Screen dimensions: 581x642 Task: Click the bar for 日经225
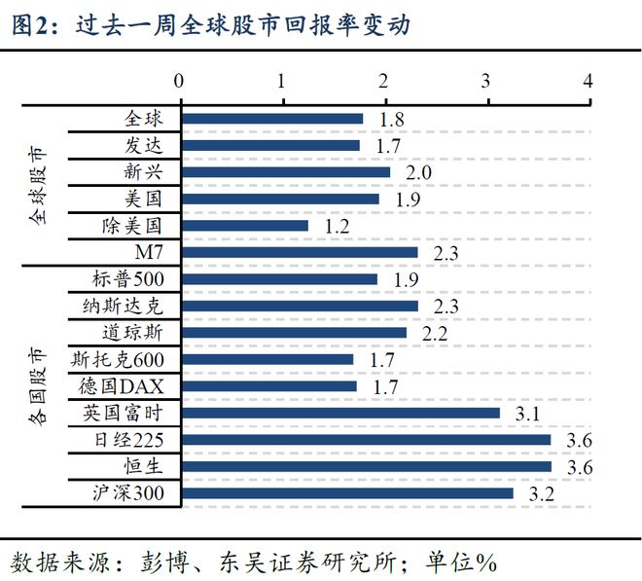pyautogui.click(x=365, y=440)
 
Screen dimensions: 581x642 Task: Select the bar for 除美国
pyautogui.click(x=244, y=226)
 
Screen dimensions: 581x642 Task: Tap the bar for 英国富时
pyautogui.click(x=339, y=413)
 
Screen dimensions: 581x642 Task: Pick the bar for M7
pyautogui.click(x=299, y=252)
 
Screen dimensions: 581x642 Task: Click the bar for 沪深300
pyautogui.click(x=346, y=493)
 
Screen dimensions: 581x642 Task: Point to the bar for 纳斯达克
pyautogui.click(x=299, y=306)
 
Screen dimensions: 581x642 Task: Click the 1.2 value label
pyautogui.click(x=337, y=227)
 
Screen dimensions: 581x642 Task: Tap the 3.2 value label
pyautogui.click(x=541, y=494)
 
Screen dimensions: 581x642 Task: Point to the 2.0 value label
pyautogui.click(x=418, y=173)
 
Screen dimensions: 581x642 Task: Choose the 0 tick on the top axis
pyautogui.click(x=179, y=80)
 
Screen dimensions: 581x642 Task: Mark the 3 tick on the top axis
pyautogui.click(x=485, y=80)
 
